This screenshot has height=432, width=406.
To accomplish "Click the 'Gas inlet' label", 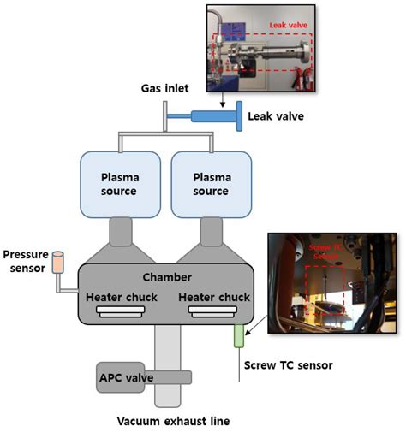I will click(x=164, y=90).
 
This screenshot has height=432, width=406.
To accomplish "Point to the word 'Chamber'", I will click(x=166, y=277).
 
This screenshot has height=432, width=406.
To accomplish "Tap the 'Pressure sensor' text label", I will click(x=27, y=260).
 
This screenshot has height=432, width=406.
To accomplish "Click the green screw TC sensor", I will click(x=239, y=334).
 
